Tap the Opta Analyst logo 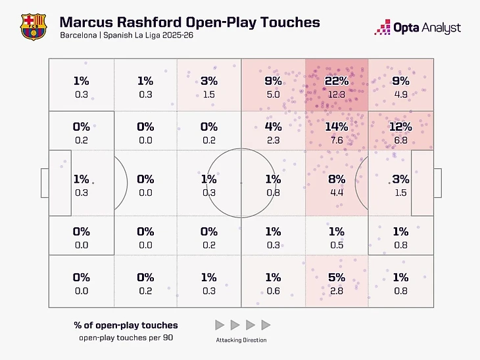point(418,28)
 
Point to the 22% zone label point(336,81)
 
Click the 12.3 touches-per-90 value point(336,95)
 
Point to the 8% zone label point(336,179)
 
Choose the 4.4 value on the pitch point(336,192)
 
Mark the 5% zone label point(336,277)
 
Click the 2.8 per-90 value point(336,291)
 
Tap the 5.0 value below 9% point(273,95)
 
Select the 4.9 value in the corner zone point(400,95)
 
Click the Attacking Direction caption point(242,340)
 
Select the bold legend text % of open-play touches point(124,325)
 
